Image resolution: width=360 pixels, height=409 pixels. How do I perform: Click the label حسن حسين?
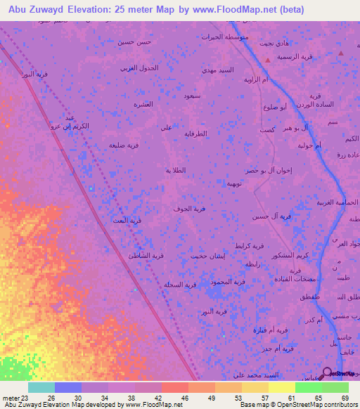click(134, 42)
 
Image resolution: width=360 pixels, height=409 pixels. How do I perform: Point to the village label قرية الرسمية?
click(294, 56)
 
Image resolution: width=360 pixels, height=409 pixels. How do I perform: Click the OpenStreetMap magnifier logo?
click(327, 372)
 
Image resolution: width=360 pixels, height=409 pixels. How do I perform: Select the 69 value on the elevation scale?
click(345, 398)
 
